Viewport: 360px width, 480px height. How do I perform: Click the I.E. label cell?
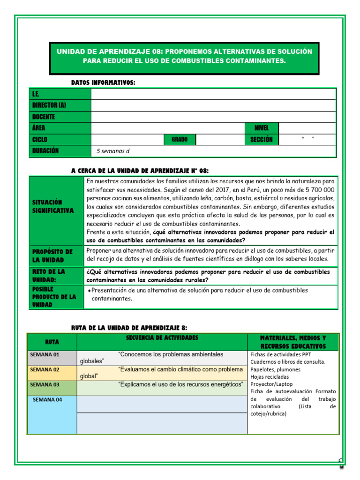(60, 94)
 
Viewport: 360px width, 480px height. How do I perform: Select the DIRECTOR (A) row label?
(60, 105)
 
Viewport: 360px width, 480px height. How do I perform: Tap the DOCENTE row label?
(60, 117)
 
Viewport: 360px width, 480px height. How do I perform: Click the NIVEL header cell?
(262, 128)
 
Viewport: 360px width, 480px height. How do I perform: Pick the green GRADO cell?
(180, 140)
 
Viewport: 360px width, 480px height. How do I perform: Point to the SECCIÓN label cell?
(262, 140)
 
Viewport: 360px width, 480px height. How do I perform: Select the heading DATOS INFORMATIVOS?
(103, 82)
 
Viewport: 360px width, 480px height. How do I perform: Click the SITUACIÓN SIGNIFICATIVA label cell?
(56, 206)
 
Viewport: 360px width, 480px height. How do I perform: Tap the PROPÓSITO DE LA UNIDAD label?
(56, 256)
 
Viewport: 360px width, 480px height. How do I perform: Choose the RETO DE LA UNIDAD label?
(56, 276)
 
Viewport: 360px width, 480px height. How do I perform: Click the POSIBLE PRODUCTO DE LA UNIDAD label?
(56, 297)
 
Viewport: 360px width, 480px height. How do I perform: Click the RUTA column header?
(52, 342)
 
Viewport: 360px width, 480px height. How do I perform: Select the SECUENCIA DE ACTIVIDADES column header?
(162, 338)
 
